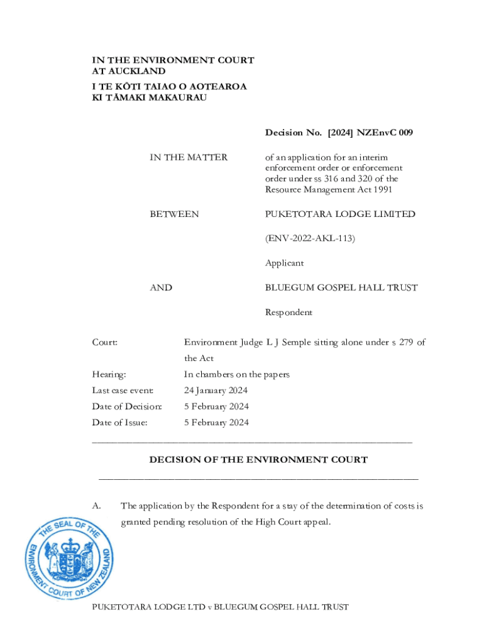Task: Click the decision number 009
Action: [404, 133]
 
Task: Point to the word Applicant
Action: [284, 264]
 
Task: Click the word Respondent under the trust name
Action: [289, 313]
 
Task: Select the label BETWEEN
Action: [174, 214]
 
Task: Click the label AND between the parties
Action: [161, 288]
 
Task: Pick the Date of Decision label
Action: [127, 407]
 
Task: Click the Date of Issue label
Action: [120, 423]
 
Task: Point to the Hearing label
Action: [109, 375]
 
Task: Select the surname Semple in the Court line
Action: [298, 343]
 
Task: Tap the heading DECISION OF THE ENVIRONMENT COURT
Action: [258, 460]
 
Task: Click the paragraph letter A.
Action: [97, 506]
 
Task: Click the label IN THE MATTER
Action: [189, 157]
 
